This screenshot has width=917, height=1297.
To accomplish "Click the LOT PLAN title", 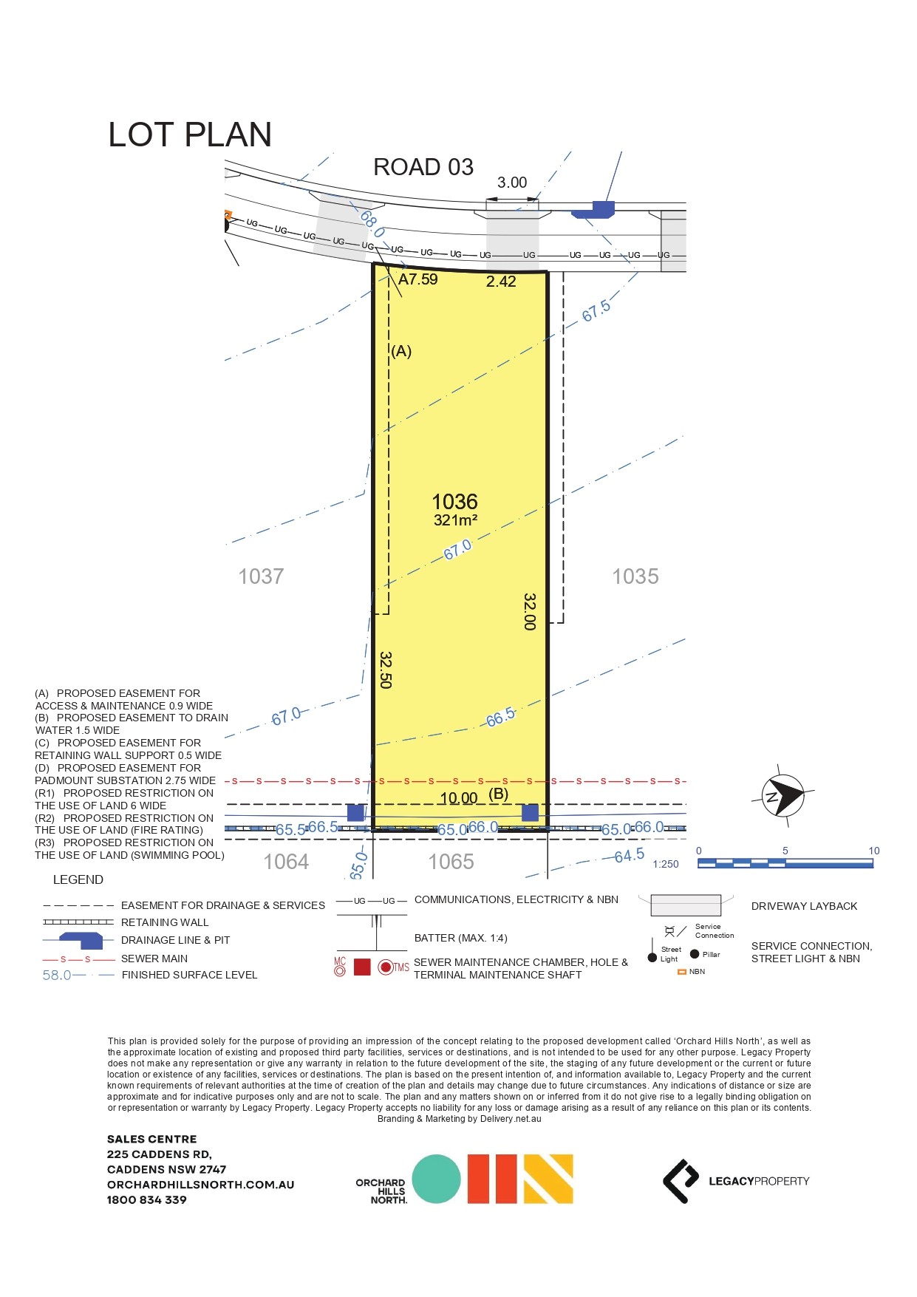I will (190, 135).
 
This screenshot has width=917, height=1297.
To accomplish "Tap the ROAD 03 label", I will (423, 168).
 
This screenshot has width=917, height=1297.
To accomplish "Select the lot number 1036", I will (454, 502).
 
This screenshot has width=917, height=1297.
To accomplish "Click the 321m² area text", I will (455, 520).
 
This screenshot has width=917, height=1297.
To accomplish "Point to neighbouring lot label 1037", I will (261, 576).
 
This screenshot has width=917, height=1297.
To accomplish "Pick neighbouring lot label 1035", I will (635, 576).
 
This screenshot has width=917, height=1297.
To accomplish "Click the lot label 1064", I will (286, 862).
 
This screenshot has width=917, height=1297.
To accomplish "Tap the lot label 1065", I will (451, 862).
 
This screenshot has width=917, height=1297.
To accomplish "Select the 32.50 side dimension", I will (385, 670).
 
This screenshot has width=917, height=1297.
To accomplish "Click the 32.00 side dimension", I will (529, 611).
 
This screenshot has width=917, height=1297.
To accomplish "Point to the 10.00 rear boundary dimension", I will (458, 798).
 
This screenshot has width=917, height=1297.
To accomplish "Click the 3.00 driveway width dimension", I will (511, 183).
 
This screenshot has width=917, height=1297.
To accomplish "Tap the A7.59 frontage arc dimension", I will (417, 279).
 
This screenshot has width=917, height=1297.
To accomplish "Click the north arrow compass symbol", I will (783, 796).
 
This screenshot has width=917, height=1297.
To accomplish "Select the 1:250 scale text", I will (665, 864).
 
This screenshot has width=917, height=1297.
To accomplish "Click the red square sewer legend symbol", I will (362, 967).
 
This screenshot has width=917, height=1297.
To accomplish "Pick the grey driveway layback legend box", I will (685, 905).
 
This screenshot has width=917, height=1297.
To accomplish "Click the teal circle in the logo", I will (436, 1179).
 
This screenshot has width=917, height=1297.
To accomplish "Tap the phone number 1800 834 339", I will (146, 1199).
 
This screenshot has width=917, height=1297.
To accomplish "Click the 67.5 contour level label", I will (596, 311).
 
